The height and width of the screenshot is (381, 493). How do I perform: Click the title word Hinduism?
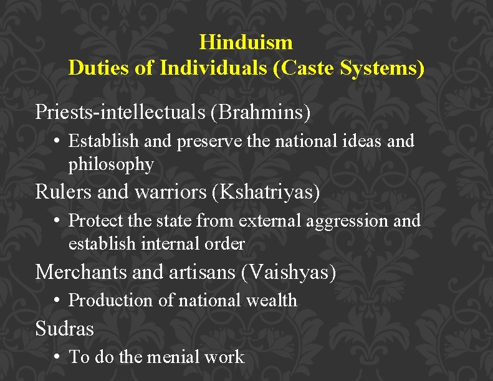point(246,42)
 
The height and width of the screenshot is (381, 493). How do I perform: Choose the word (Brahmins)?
point(261,112)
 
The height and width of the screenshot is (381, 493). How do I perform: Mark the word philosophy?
point(111,164)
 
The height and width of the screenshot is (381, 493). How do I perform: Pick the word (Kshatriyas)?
point(266,192)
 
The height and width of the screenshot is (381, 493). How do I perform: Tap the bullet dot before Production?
point(57,301)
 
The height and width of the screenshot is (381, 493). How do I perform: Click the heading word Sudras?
point(64,328)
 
